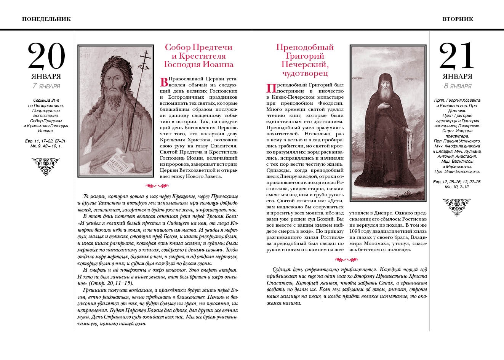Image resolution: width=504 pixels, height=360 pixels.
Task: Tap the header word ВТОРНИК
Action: tap(458, 19)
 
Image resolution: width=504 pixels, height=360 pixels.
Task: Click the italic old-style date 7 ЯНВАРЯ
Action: tap(46, 86)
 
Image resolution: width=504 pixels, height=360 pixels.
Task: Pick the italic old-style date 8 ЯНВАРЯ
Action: tap(457, 86)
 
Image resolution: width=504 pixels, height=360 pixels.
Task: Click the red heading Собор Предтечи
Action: tap(198, 48)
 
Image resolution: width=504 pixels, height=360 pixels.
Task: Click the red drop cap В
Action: tap(164, 82)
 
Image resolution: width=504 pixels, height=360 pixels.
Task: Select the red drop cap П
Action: tap(270, 88)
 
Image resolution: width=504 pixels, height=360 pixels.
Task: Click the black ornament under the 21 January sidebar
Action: tap(457, 207)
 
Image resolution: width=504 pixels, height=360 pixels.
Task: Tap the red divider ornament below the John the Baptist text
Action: tap(157, 186)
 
